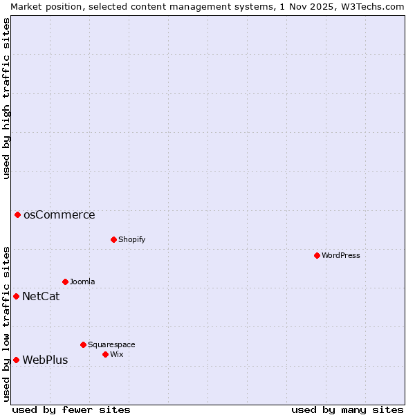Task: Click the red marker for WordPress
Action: click(x=317, y=255)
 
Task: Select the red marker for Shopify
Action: click(x=113, y=239)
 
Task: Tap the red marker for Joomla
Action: click(x=65, y=282)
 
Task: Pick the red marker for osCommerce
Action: click(x=17, y=214)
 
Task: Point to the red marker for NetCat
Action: click(x=16, y=296)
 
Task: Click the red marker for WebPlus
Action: click(x=16, y=360)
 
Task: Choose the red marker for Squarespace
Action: click(x=83, y=344)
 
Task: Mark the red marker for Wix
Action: click(x=105, y=354)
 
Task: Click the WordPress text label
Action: click(x=340, y=255)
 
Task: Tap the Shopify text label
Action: click(x=131, y=239)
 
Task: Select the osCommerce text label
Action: click(x=59, y=214)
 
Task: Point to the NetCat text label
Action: click(x=41, y=297)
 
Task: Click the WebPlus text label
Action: click(x=45, y=360)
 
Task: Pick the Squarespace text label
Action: click(x=111, y=344)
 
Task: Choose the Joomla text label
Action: click(x=82, y=282)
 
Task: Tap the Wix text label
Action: click(x=116, y=354)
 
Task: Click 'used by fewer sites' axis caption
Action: click(x=71, y=409)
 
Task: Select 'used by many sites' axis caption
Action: click(x=347, y=409)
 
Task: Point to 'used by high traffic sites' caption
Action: click(x=6, y=98)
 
